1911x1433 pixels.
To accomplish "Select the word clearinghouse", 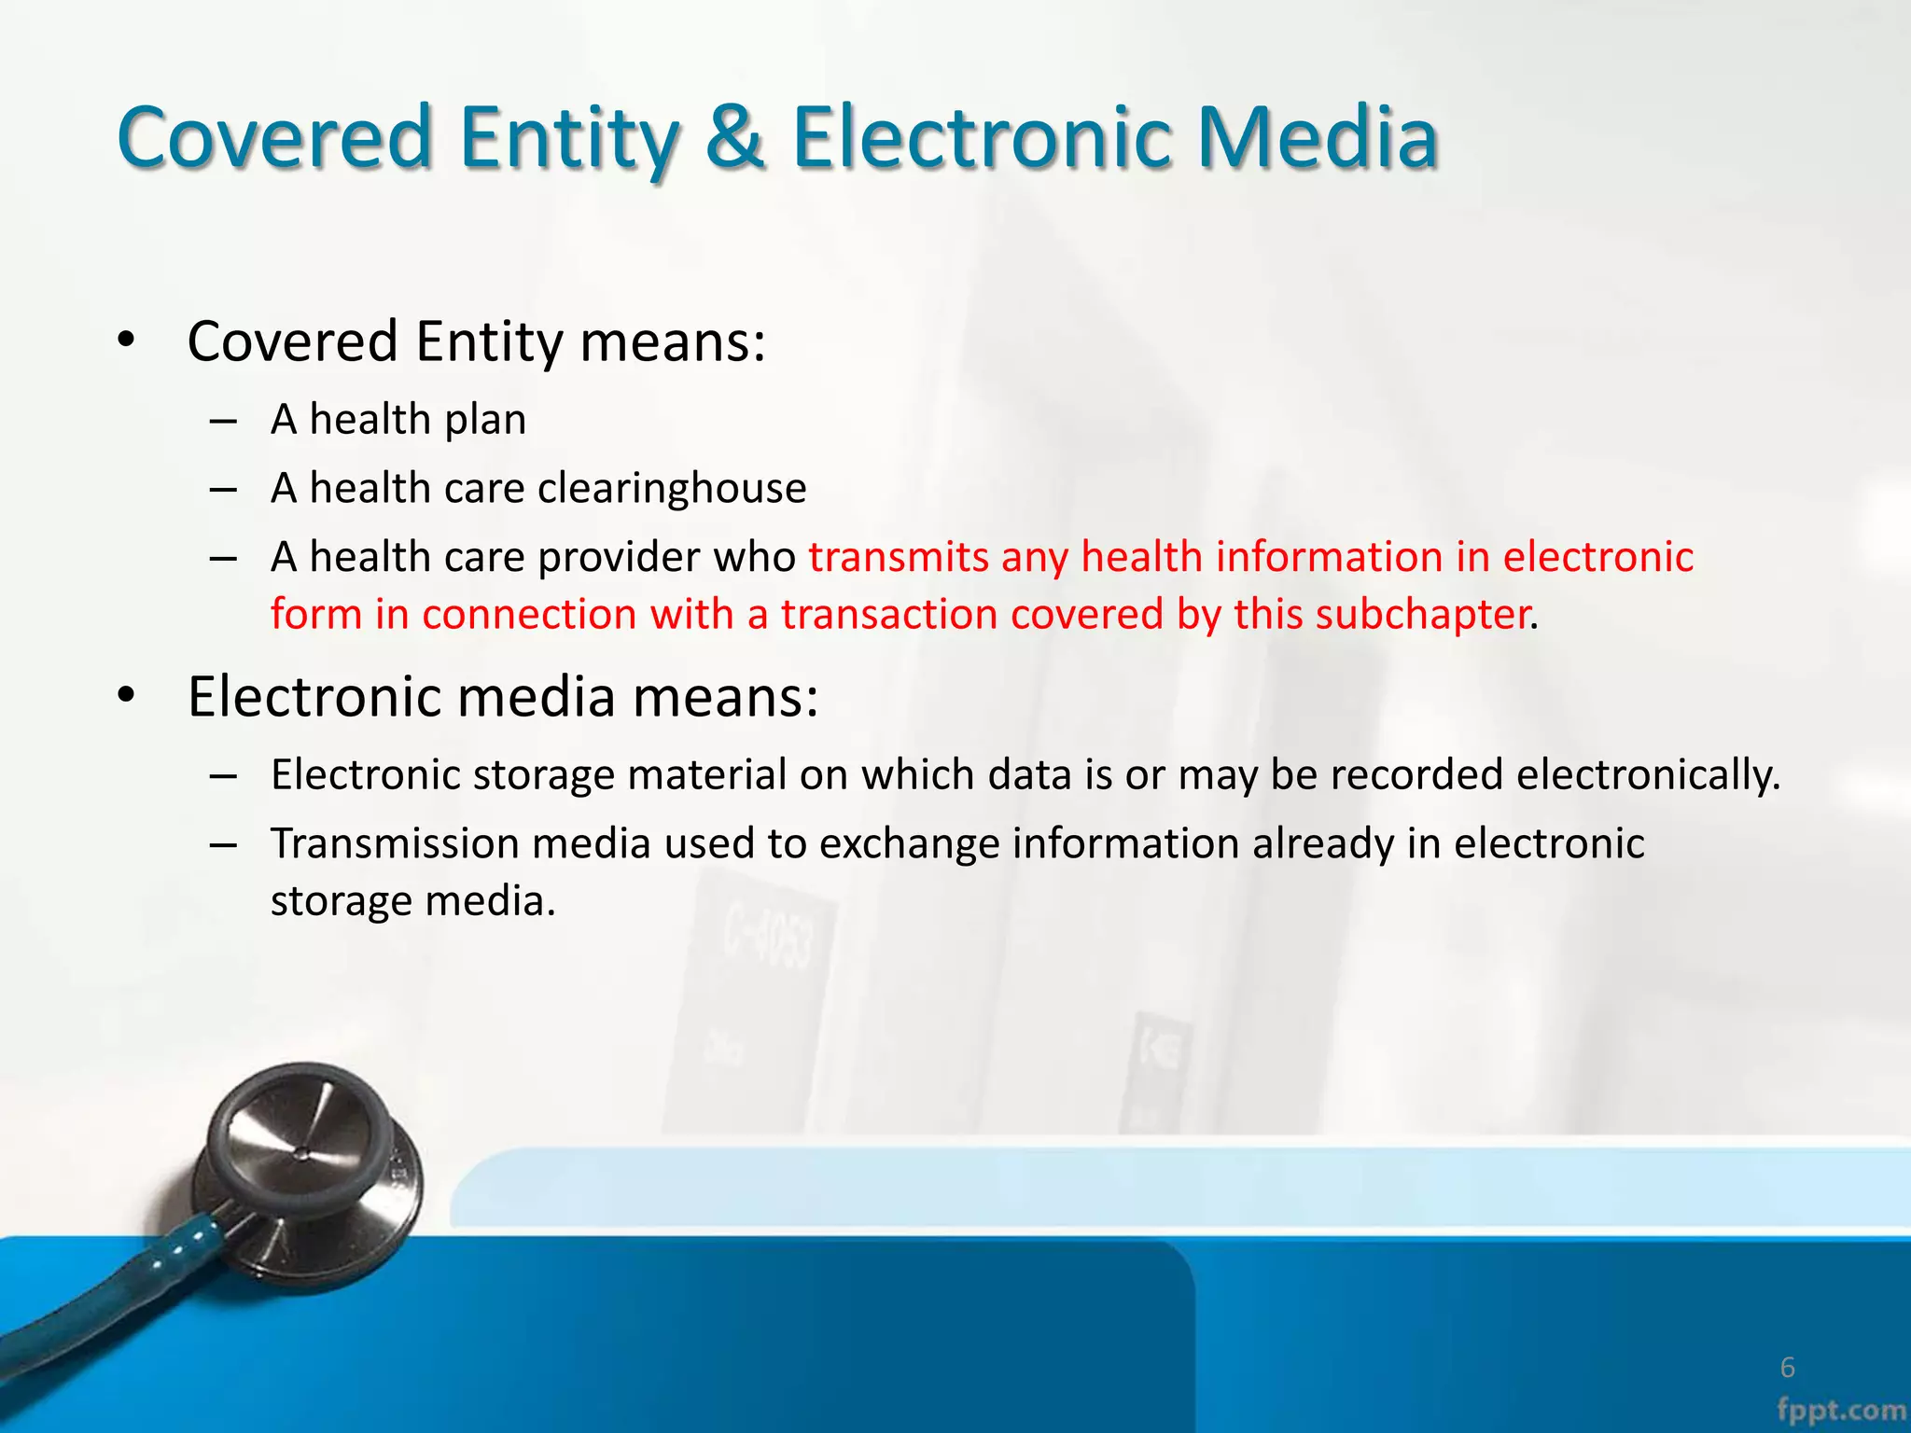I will point(672,488).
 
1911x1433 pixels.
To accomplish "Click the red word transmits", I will point(898,557).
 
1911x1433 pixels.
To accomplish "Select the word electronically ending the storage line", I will point(1648,774).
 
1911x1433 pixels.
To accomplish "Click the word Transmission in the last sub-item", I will point(395,843).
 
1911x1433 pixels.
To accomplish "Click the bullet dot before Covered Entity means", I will point(128,340).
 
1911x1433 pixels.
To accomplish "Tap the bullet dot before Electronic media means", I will point(128,695).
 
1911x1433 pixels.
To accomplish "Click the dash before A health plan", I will point(222,422).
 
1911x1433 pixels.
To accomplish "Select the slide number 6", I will point(1787,1368).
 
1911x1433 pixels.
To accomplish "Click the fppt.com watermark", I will point(1841,1410).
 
